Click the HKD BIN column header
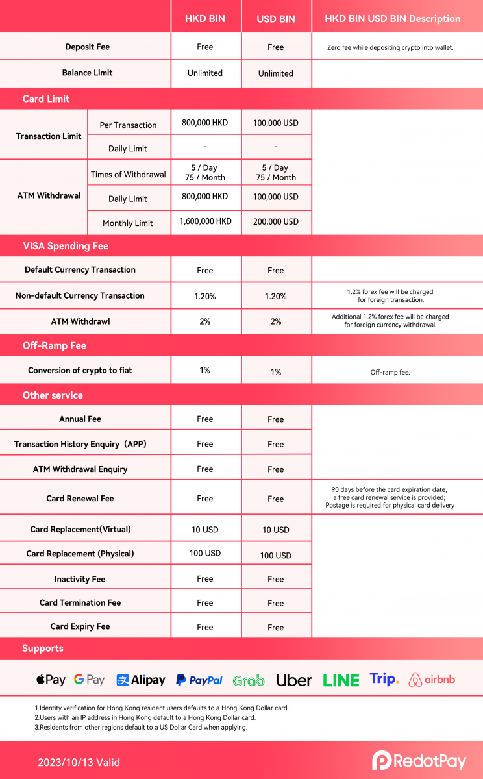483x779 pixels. [205, 19]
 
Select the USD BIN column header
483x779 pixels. [276, 19]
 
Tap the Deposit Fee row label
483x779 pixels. [87, 47]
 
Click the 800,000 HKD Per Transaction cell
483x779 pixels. [205, 123]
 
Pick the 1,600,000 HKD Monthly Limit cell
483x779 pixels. [205, 221]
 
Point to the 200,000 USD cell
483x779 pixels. [276, 221]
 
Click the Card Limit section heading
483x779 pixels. [46, 99]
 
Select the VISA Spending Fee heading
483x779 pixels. [66, 246]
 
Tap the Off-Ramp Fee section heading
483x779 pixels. [55, 346]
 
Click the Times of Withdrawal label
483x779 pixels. [129, 174]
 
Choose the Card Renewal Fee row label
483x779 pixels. [80, 499]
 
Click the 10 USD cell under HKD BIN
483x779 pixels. [205, 530]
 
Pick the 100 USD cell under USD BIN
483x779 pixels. [276, 556]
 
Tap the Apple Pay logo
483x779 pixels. [51, 680]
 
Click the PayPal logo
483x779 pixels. [199, 680]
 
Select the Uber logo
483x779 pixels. [294, 680]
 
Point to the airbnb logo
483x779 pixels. [432, 680]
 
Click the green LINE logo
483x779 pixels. [341, 680]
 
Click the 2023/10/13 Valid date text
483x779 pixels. [79, 763]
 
